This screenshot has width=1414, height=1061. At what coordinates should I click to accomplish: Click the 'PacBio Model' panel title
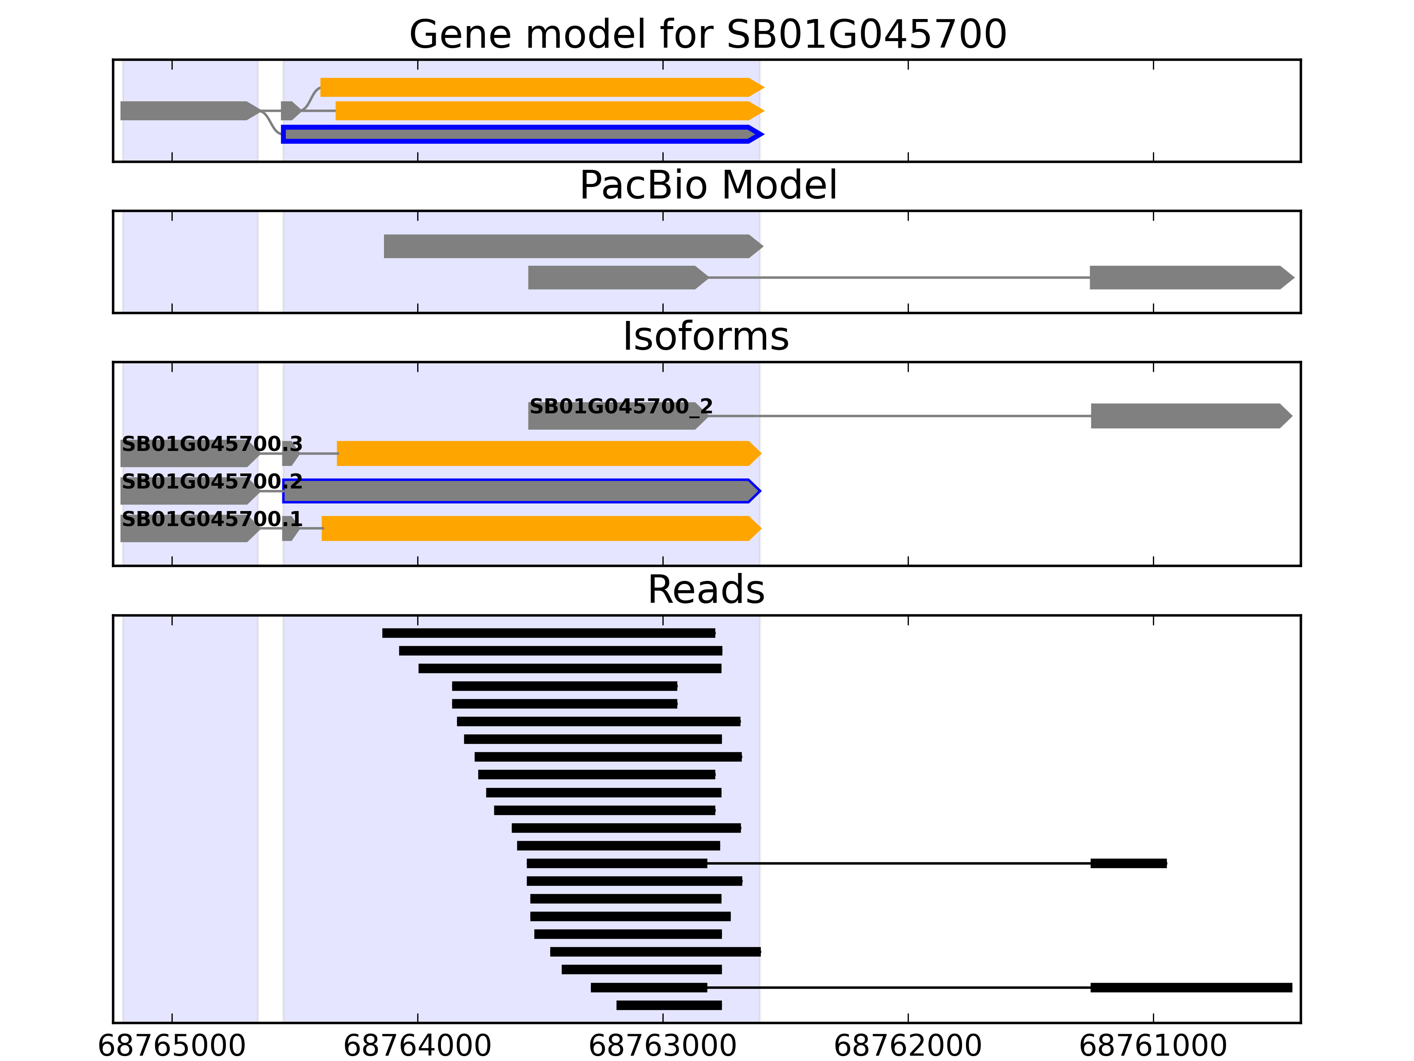[x=707, y=186]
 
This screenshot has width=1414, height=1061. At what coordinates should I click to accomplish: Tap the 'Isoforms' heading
[x=706, y=336]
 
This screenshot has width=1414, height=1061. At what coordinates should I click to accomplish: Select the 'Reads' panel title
[x=706, y=590]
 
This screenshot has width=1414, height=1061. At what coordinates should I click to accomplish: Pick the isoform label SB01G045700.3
[x=212, y=443]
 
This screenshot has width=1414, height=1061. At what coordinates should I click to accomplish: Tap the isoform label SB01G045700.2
[x=212, y=481]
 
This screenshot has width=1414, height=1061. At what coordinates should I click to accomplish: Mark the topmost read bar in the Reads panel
[x=548, y=633]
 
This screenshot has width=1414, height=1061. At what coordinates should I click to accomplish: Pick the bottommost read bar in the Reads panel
[x=669, y=1005]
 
